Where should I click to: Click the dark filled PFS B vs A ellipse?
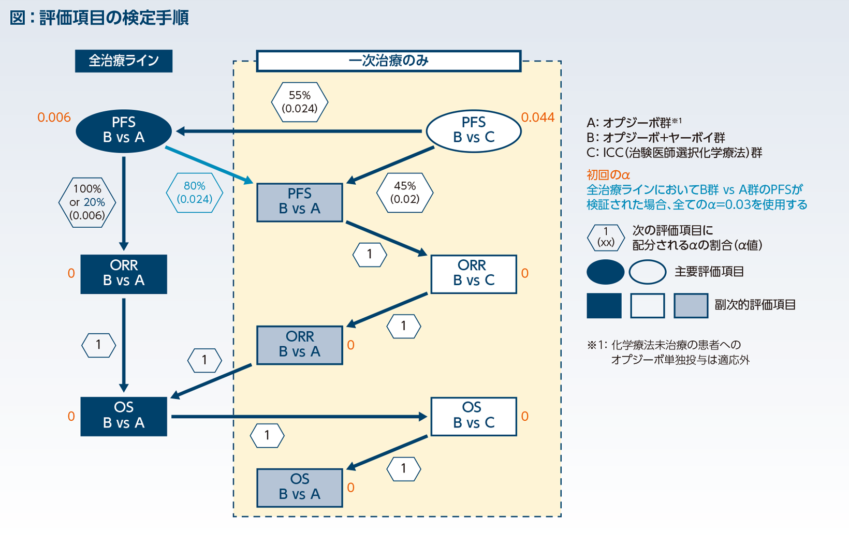(124, 130)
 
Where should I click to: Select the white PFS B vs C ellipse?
(473, 130)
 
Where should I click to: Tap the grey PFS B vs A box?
(299, 202)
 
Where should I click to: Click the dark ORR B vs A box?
(124, 273)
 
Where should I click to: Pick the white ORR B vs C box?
(473, 273)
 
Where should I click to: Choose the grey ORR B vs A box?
(299, 345)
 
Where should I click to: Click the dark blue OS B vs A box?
(124, 416)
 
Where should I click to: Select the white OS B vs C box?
(473, 416)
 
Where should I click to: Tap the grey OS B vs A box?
(299, 487)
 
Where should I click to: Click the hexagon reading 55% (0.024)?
(299, 102)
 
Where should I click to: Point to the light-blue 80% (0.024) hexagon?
(194, 193)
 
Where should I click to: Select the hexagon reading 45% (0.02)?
(404, 193)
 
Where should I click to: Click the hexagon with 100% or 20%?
(87, 202)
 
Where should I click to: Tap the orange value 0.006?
(54, 117)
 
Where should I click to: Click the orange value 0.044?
(537, 117)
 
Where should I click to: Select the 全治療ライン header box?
(123, 61)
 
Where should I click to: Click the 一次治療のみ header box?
(388, 61)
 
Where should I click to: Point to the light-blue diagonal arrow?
(209, 165)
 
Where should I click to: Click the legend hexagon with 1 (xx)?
(605, 238)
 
